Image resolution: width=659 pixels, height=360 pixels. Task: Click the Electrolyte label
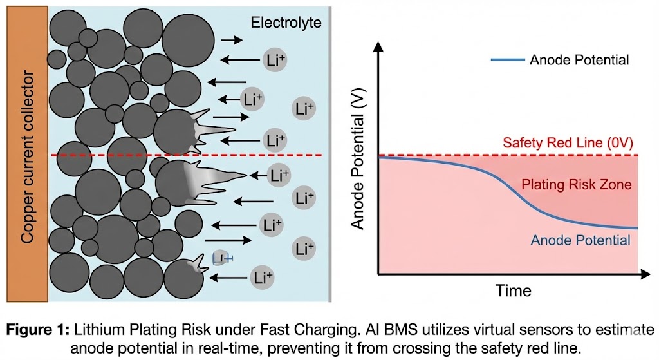click(286, 24)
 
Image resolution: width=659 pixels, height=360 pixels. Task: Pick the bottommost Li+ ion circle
click(261, 278)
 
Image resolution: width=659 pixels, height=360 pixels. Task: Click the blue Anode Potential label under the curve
click(580, 241)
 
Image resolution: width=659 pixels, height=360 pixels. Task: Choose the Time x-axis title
click(514, 290)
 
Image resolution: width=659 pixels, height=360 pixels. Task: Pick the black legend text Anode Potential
click(579, 60)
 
